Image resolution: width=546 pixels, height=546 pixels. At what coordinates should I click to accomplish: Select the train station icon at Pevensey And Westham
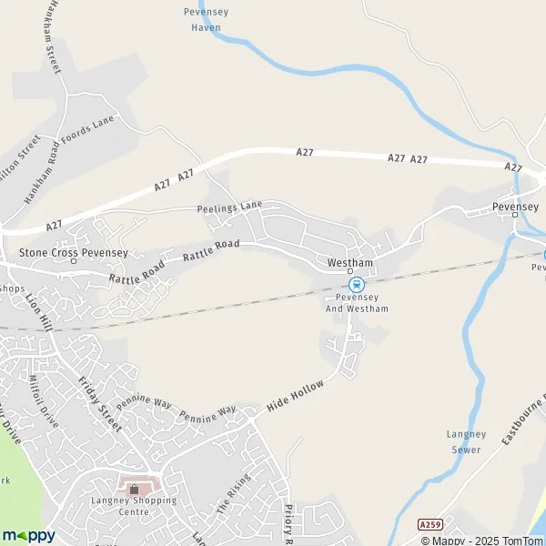pyautogui.click(x=358, y=284)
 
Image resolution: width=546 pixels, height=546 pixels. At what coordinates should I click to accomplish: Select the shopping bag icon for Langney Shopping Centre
pyautogui.click(x=135, y=490)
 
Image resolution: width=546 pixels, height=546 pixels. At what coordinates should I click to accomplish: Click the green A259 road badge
pyautogui.click(x=430, y=525)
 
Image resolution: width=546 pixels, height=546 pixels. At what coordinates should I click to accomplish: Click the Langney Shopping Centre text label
pyautogui.click(x=134, y=506)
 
